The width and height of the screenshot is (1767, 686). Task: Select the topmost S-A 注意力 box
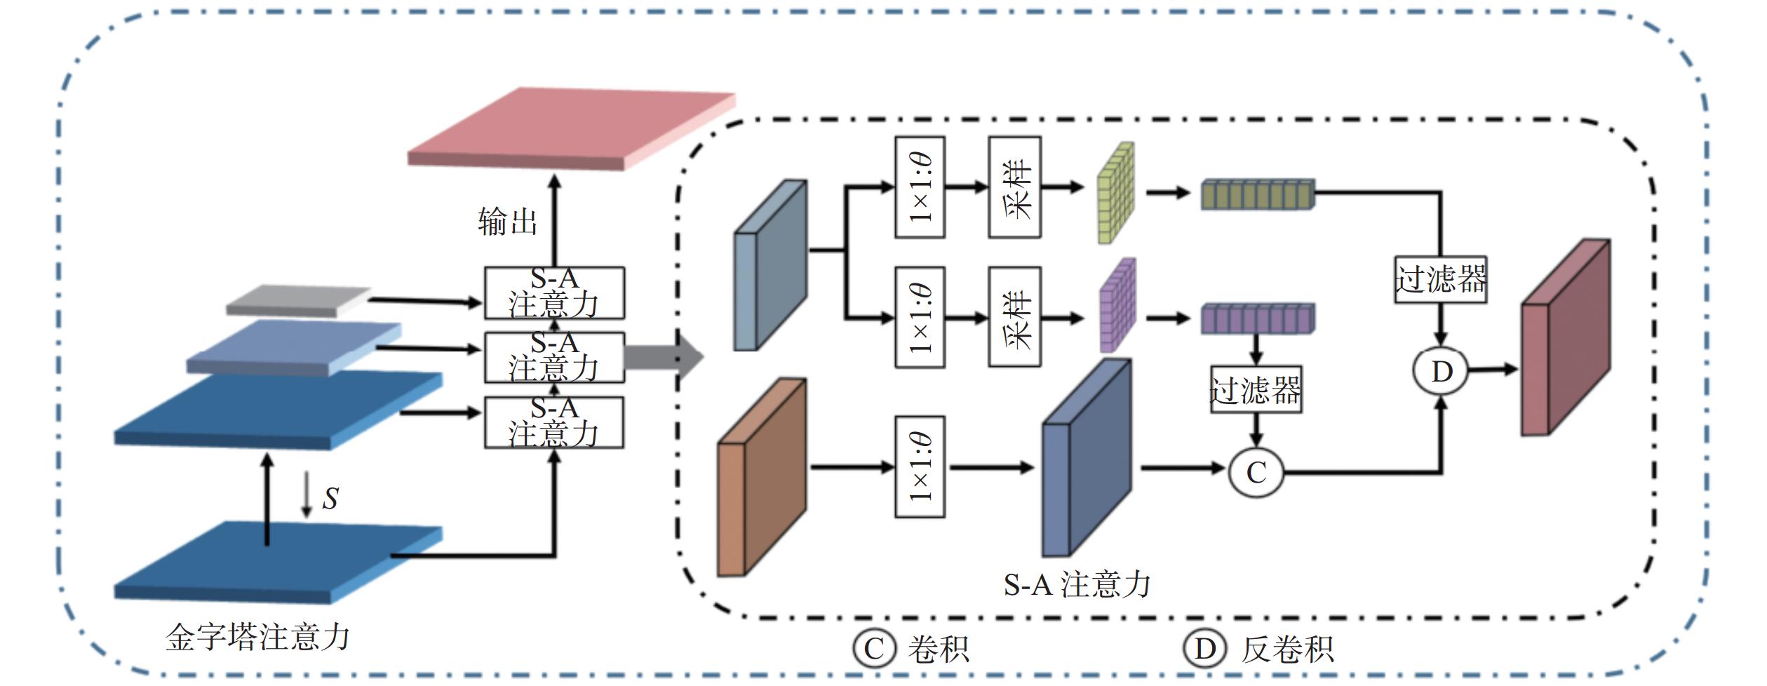click(554, 292)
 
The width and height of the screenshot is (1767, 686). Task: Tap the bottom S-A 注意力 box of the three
click(554, 422)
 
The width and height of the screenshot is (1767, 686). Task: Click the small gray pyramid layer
click(298, 300)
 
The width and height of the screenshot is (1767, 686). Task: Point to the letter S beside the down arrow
click(330, 498)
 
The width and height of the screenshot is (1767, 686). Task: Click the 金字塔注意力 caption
click(257, 638)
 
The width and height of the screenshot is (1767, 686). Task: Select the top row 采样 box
click(1014, 187)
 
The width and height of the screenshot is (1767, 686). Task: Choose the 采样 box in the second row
click(1014, 316)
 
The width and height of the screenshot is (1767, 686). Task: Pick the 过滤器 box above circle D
click(1440, 279)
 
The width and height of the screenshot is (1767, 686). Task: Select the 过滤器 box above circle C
click(1256, 389)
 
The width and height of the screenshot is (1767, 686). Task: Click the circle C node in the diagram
click(1256, 471)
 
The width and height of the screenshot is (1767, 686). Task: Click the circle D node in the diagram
click(1441, 372)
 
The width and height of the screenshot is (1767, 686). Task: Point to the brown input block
click(762, 477)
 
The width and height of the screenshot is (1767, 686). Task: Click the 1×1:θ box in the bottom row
click(920, 467)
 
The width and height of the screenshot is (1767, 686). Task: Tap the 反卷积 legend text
click(1286, 650)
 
